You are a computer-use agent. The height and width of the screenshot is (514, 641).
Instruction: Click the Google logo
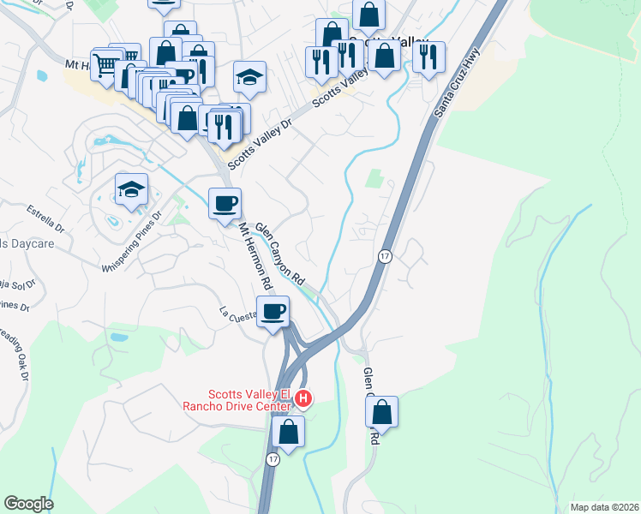[28, 505]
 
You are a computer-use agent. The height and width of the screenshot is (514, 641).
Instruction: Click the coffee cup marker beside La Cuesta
[273, 311]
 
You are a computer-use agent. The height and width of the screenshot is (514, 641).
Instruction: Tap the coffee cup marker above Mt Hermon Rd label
[225, 204]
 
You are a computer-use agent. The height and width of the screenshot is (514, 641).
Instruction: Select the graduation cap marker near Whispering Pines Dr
[131, 189]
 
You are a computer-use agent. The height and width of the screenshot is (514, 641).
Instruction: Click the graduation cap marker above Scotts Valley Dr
[249, 77]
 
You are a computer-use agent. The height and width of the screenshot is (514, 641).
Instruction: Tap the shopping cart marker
[106, 64]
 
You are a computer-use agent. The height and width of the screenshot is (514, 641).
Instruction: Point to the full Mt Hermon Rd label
[255, 256]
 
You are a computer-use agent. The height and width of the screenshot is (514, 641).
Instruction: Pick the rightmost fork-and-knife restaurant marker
[428, 57]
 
